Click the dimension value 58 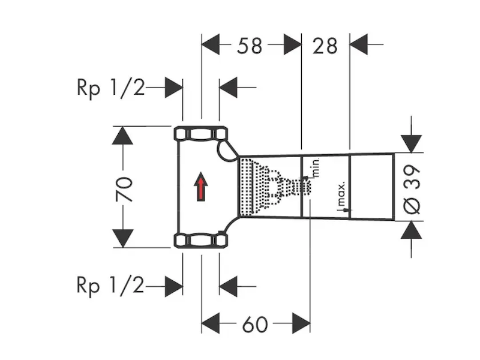click(x=250, y=45)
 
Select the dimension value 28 click(x=325, y=45)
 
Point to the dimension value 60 click(x=255, y=325)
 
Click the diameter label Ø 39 click(x=413, y=187)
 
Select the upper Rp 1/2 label click(x=110, y=88)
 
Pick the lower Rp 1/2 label click(x=110, y=286)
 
